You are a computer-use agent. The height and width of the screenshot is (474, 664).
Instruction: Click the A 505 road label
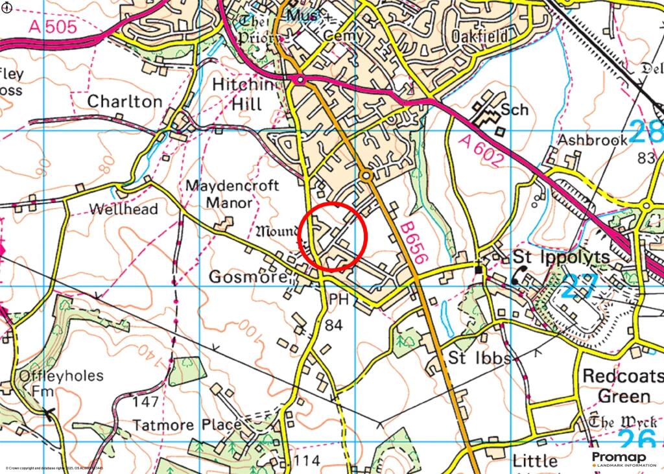[x=53, y=27]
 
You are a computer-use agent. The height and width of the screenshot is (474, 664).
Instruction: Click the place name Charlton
[x=124, y=102]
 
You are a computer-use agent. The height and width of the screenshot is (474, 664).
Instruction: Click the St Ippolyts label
[x=562, y=257]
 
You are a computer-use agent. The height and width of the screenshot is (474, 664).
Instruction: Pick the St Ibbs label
[x=479, y=359]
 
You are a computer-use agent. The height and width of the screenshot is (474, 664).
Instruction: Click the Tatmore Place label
[x=187, y=425]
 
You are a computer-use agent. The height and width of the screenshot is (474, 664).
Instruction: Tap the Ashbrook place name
[x=593, y=139]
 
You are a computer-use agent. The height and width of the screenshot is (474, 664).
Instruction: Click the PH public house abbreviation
[x=338, y=300]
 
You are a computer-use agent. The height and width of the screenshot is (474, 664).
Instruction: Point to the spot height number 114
[x=307, y=461]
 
